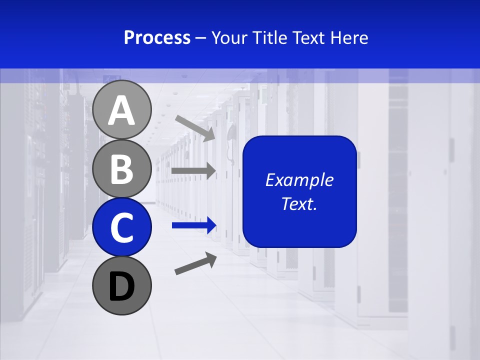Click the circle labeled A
[121, 110]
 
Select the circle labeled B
[121, 168]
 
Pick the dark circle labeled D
[121, 285]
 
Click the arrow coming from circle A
[195, 128]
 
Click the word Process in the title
[157, 38]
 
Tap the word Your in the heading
[230, 38]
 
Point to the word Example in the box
[299, 180]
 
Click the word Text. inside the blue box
[299, 203]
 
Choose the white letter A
[121, 110]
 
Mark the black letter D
[121, 286]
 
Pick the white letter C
[121, 227]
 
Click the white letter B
[121, 169]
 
